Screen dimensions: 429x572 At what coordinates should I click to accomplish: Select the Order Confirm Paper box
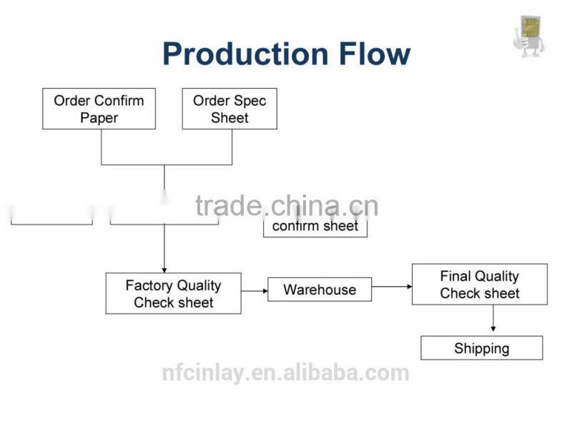coord(99,109)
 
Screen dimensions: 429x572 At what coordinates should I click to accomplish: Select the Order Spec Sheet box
coord(230,109)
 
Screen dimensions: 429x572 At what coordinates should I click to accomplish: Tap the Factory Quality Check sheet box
coord(173,293)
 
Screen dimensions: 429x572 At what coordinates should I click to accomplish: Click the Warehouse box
coord(320,290)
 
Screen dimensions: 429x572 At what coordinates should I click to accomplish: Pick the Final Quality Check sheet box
coord(479,284)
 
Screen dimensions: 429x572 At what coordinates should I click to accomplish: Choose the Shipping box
coord(481,348)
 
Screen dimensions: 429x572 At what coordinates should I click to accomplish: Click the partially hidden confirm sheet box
coord(315,227)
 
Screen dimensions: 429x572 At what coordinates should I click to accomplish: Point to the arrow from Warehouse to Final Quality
coord(392,286)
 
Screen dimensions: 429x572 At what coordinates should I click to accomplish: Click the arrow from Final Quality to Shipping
coord(493,320)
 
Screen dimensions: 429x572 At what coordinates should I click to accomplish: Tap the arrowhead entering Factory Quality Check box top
coord(164,268)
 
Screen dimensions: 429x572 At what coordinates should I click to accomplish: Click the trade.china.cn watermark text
coord(286,206)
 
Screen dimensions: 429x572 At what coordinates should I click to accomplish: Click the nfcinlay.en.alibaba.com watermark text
coord(285,373)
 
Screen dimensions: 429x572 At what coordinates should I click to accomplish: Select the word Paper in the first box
coord(99,118)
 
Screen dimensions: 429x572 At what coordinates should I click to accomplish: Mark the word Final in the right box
coord(455,276)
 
